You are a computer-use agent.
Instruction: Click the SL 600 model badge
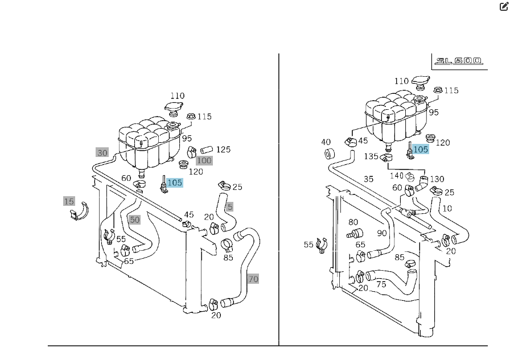tap(458, 61)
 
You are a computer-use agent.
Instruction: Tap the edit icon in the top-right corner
tap(503, 7)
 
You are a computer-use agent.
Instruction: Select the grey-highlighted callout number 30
tap(102, 152)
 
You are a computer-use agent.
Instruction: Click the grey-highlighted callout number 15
tap(69, 201)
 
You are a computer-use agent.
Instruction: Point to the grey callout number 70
tap(253, 279)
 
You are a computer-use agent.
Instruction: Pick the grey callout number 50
tap(134, 220)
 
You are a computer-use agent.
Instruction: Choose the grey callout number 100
tap(204, 160)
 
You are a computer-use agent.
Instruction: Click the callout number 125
tap(223, 150)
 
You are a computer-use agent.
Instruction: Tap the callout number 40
tap(326, 142)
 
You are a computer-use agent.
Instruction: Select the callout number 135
tap(371, 156)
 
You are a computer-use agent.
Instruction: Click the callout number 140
tap(397, 176)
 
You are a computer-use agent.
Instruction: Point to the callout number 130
tap(437, 179)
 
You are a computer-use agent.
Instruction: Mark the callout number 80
tap(353, 222)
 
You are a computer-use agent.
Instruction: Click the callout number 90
tap(381, 233)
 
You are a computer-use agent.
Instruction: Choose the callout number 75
tap(381, 284)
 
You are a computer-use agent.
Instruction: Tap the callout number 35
tap(368, 179)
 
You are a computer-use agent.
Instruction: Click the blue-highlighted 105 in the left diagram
tap(175, 183)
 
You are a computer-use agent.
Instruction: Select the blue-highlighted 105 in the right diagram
tap(420, 149)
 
